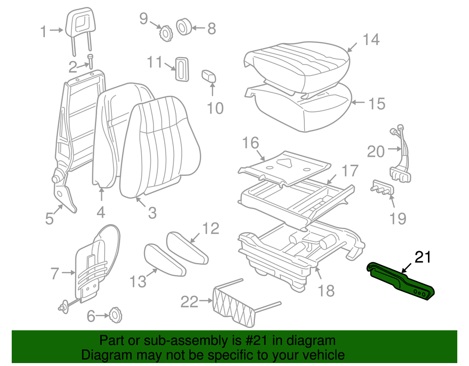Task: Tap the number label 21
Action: tap(424, 257)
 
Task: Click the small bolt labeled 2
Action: tap(90, 61)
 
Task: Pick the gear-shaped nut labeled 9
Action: tap(165, 33)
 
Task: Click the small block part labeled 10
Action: tap(209, 77)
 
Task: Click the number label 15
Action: tap(376, 104)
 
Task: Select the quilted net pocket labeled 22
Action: tap(234, 305)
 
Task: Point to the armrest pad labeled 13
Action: tap(164, 259)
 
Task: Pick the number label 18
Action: tap(326, 291)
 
